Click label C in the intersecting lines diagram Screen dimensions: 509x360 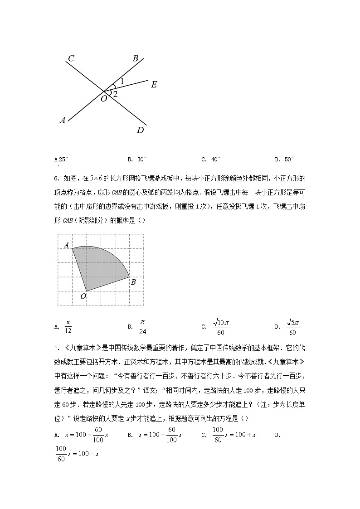tap(71, 58)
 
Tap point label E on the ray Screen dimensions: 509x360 tap(154, 85)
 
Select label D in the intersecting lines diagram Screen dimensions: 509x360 tap(141, 131)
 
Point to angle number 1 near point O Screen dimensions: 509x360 tap(122, 82)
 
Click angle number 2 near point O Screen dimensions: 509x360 tap(115, 94)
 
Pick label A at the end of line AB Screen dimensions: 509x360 tap(63, 120)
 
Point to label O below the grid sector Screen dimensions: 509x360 tap(83, 296)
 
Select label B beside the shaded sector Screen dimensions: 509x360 tap(133, 282)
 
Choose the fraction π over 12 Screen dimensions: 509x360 tap(68, 326)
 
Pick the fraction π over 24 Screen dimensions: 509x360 tap(142, 326)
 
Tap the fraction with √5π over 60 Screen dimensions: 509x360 tap(292, 326)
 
